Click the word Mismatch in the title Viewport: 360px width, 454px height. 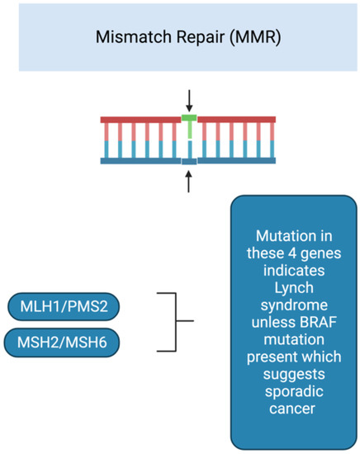click(x=134, y=37)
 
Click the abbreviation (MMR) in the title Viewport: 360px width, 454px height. click(x=255, y=37)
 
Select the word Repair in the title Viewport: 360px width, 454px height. click(x=201, y=38)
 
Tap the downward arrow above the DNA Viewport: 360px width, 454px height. click(x=189, y=101)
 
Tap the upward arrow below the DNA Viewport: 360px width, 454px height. click(x=188, y=182)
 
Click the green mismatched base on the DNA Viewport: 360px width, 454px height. click(x=189, y=126)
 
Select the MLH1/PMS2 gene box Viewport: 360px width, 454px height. click(x=64, y=306)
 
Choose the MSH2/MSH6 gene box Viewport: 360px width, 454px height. click(x=62, y=343)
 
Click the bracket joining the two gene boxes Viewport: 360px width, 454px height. click(x=176, y=321)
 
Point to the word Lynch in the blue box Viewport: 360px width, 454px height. click(x=294, y=288)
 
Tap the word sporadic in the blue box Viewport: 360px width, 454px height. click(x=294, y=391)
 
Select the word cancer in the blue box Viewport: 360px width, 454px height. click(x=292, y=409)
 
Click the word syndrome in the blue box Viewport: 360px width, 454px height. click(x=294, y=305)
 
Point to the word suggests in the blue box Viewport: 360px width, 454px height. click(x=294, y=375)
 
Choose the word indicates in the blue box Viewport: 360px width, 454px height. click(x=294, y=271)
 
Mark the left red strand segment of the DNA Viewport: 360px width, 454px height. click(x=140, y=120)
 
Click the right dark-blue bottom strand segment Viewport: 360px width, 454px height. click(x=237, y=161)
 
